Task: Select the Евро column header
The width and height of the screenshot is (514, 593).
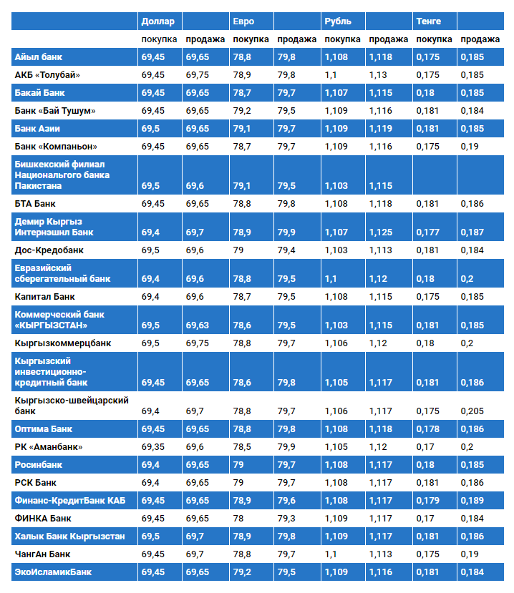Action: click(x=243, y=21)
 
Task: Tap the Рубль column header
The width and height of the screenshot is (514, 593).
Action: click(x=337, y=21)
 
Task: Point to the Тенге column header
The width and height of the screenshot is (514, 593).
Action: click(x=427, y=21)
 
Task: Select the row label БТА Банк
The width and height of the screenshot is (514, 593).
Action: click(x=35, y=204)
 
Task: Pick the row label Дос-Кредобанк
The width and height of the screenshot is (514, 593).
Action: click(x=49, y=250)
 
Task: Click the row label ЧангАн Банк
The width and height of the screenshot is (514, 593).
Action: click(x=44, y=554)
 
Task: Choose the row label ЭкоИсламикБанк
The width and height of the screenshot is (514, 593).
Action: click(x=53, y=572)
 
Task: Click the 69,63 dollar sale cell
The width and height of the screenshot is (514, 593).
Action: click(x=198, y=325)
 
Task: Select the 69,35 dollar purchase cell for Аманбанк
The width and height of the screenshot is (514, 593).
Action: click(x=153, y=447)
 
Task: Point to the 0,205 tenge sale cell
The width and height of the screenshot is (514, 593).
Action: click(x=472, y=411)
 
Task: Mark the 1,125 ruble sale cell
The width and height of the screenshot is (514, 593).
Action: click(x=381, y=232)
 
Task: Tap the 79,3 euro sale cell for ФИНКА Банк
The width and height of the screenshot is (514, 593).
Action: click(x=286, y=519)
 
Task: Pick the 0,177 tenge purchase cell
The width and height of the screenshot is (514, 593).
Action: click(x=427, y=232)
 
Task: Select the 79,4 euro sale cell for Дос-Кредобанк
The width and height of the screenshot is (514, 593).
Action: click(x=286, y=250)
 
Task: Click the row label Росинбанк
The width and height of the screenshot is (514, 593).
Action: click(x=39, y=465)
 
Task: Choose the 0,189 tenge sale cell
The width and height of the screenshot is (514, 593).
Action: click(x=472, y=501)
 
